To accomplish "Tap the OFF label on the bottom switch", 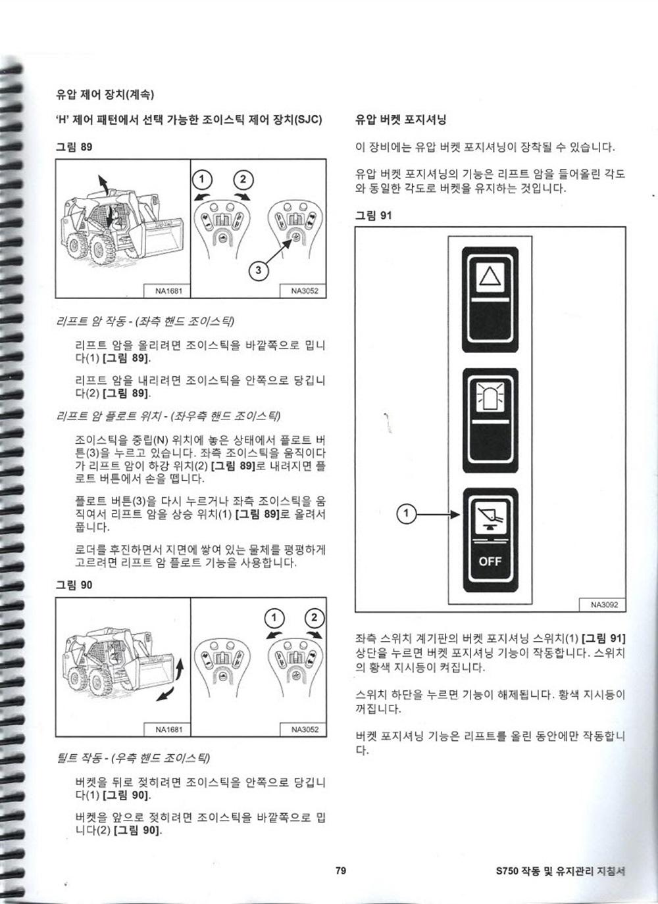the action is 490,561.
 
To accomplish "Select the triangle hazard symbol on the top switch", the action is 490,277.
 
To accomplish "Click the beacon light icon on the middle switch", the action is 490,398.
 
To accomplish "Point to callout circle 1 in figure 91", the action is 406,513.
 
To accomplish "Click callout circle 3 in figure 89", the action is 259,270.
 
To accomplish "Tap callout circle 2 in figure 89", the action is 243,179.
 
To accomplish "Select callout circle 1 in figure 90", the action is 274,618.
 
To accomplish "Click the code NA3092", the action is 603,604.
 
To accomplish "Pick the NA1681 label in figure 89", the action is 168,291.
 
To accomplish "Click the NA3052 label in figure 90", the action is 305,729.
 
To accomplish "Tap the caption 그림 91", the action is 374,216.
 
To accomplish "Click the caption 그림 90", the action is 74,584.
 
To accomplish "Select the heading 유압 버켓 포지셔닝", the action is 401,120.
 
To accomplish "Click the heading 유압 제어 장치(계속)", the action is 105,95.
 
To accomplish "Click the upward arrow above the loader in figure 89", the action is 103,185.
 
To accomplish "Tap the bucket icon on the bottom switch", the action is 490,518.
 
